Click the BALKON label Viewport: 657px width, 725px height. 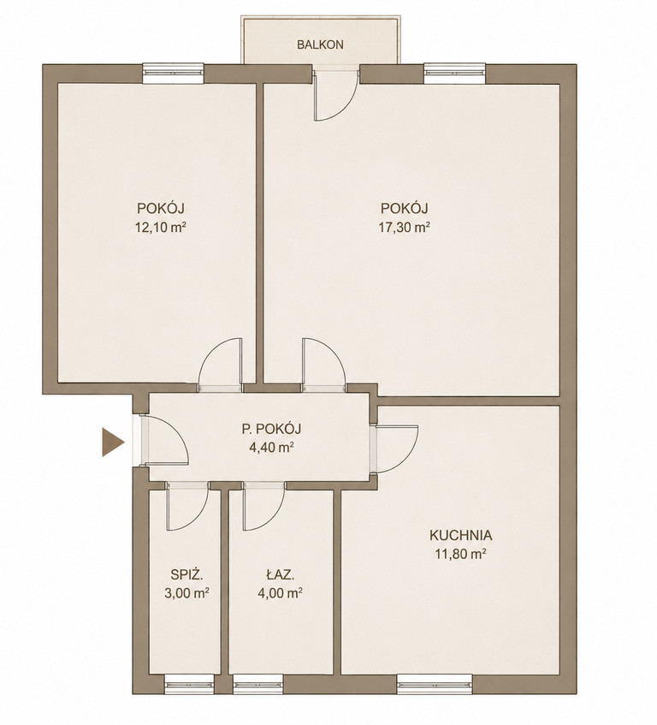click(320, 45)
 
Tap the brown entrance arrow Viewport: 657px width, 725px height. click(113, 443)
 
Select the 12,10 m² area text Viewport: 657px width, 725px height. click(160, 227)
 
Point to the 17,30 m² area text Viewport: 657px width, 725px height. click(405, 227)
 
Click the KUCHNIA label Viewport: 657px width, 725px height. click(460, 536)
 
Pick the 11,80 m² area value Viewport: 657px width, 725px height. click(460, 554)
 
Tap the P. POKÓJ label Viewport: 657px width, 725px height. click(271, 429)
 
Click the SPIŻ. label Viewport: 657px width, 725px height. click(187, 574)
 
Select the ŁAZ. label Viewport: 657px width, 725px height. click(281, 574)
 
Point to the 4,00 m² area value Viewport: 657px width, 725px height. click(280, 593)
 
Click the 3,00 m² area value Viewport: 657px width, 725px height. click(187, 593)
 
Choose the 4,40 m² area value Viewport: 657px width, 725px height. click(271, 447)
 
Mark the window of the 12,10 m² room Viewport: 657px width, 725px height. click(174, 73)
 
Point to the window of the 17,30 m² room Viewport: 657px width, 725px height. click(455, 73)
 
